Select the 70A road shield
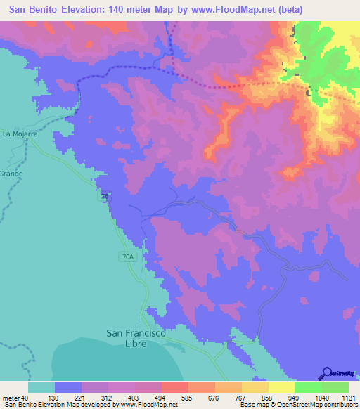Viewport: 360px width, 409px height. coord(127,257)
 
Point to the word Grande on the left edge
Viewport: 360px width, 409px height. coord(11,173)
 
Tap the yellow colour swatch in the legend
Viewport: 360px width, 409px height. coord(282,387)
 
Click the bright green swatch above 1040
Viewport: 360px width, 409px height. coord(309,387)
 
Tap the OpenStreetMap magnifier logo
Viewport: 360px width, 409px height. coord(327,373)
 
